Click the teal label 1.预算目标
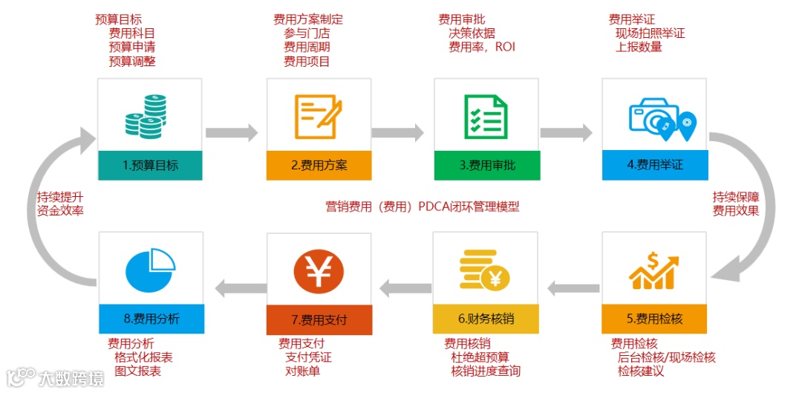point(150,165)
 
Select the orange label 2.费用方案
point(319,165)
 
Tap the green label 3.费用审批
point(487,165)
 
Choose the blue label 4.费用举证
point(655,165)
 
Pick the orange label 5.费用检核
point(655,319)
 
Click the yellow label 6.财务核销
point(487,319)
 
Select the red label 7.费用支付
point(319,320)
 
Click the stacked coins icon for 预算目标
point(147,117)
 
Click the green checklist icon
point(486,117)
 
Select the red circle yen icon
point(319,272)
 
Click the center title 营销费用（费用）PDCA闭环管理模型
point(423,207)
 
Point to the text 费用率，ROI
point(481,47)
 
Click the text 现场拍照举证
point(650,33)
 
